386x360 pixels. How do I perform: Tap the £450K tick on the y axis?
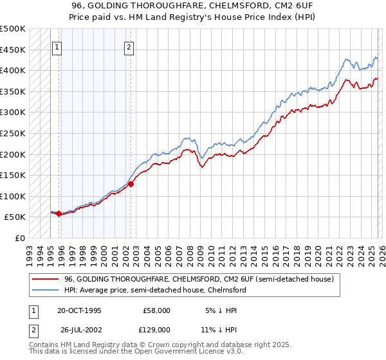(x=13, y=50)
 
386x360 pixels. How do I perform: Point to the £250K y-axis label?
(x=13, y=133)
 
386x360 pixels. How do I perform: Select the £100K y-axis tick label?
(x=13, y=196)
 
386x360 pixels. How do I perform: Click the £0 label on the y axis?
(x=21, y=238)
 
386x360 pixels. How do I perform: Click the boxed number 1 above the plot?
(x=57, y=46)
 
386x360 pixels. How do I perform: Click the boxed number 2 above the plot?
(x=129, y=46)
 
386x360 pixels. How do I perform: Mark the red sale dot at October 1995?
(x=59, y=213)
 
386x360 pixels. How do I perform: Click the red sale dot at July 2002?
(x=131, y=184)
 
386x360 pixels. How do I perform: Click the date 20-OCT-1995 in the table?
(x=79, y=310)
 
